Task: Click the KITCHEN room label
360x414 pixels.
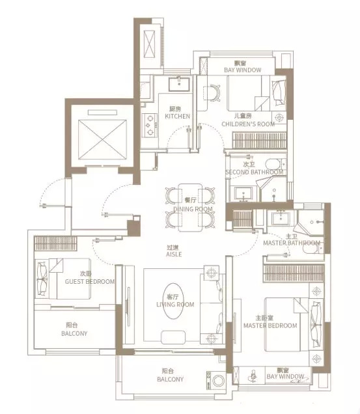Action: pyautogui.click(x=177, y=116)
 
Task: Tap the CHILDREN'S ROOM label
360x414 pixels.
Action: pyautogui.click(x=248, y=124)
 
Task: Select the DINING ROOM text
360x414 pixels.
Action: pyautogui.click(x=193, y=209)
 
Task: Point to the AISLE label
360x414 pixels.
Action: pyautogui.click(x=174, y=255)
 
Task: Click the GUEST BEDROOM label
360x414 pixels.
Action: pyautogui.click(x=90, y=282)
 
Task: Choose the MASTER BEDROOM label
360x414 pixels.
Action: pyautogui.click(x=270, y=326)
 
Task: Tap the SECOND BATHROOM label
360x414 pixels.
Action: pyautogui.click(x=254, y=172)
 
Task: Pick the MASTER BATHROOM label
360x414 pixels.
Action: pyautogui.click(x=292, y=243)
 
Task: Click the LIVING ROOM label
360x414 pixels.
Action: pyautogui.click(x=175, y=305)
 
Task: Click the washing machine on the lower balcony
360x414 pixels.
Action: pyautogui.click(x=215, y=380)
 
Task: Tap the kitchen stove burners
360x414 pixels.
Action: pyautogui.click(x=150, y=125)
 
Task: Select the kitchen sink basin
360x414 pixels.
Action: pyautogui.click(x=179, y=84)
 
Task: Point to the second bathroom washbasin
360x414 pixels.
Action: pyautogui.click(x=243, y=193)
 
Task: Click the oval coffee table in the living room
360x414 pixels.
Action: pyautogui.click(x=173, y=301)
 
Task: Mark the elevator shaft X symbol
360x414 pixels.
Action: pyautogui.click(x=102, y=140)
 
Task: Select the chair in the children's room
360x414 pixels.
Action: pyautogui.click(x=212, y=92)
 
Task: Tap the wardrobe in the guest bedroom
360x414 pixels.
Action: pyautogui.click(x=55, y=243)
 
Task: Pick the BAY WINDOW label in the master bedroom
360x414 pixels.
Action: pyautogui.click(x=285, y=376)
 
